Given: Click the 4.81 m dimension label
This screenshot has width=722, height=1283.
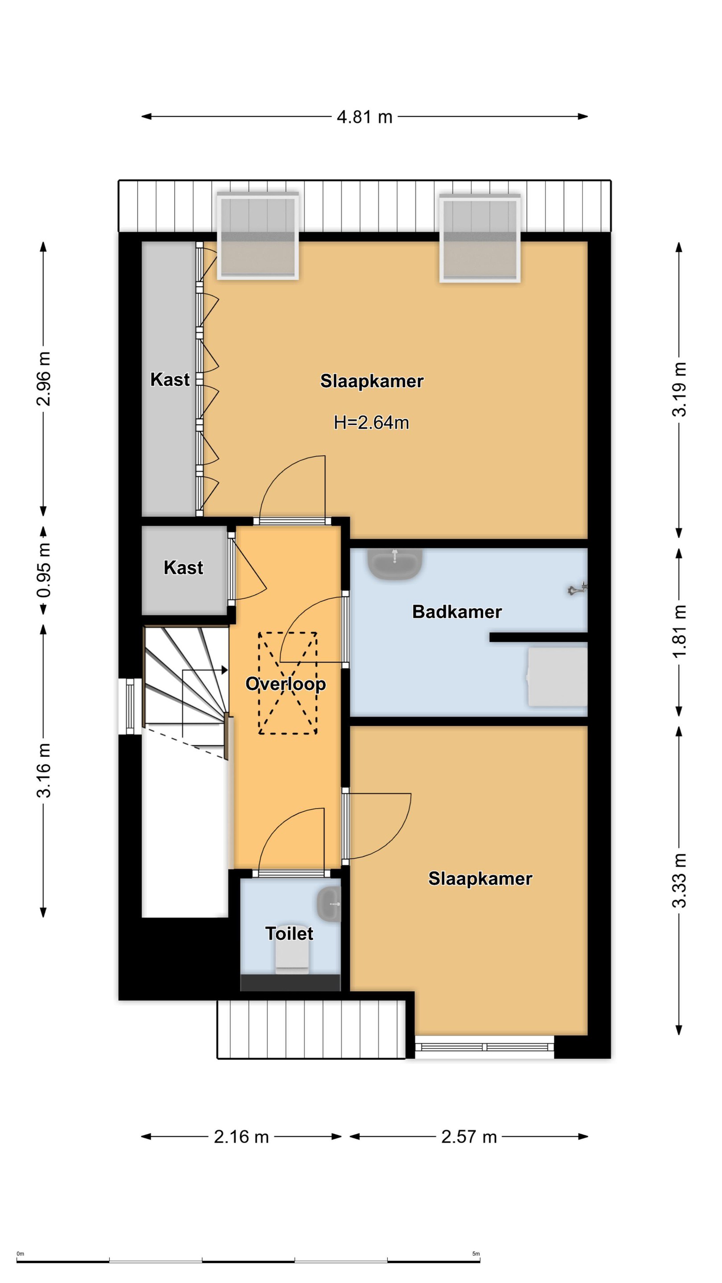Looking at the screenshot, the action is [x=364, y=117].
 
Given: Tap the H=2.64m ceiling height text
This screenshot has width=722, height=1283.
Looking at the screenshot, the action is [x=371, y=422].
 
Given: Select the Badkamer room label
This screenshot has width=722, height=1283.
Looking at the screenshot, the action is [x=457, y=612].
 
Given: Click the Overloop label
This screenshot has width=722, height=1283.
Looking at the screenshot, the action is [x=286, y=684].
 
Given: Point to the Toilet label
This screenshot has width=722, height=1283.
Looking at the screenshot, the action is [x=289, y=933].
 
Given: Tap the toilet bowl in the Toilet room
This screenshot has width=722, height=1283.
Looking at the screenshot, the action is [x=292, y=959].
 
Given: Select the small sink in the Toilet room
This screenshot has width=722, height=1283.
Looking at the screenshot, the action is [x=329, y=903].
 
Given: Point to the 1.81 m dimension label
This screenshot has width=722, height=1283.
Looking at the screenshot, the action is [x=680, y=632].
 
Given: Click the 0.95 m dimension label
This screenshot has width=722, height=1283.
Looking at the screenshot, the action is [x=44, y=570].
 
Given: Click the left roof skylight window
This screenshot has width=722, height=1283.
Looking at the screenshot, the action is [x=258, y=236].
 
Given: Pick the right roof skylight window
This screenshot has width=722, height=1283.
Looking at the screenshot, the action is [x=480, y=238].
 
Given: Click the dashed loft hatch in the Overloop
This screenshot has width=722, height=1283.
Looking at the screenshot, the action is [x=287, y=683].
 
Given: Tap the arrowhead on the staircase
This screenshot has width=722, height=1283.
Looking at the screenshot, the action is [x=224, y=670].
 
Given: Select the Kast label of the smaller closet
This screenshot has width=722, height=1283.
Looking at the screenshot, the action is [x=183, y=568].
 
